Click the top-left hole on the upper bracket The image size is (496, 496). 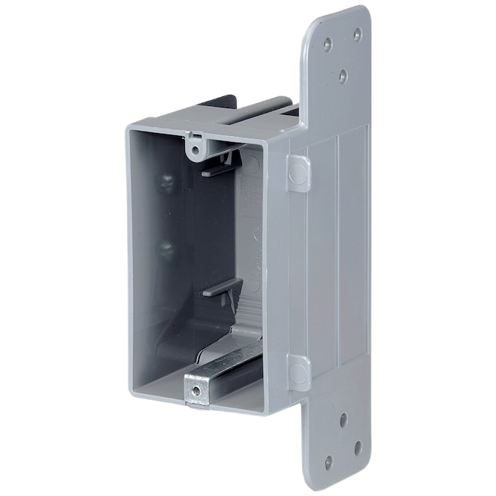coord(328,44)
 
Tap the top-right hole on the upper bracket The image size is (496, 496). coord(357,35)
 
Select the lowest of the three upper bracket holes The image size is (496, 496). coord(343,75)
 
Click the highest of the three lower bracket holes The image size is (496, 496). coord(343,419)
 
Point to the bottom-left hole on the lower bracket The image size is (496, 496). coord(328,461)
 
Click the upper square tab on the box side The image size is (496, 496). coord(298,174)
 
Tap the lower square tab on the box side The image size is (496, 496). coord(298,373)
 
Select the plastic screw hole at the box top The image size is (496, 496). coord(195,150)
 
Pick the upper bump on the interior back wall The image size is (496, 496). coord(167,182)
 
